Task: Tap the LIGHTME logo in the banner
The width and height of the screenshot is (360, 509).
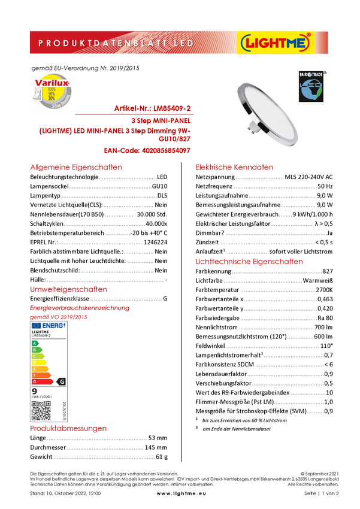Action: click(275, 43)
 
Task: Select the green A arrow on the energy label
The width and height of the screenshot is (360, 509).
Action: click(35, 343)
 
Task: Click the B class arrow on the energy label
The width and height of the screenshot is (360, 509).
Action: click(36, 350)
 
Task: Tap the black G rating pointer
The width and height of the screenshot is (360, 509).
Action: click(61, 381)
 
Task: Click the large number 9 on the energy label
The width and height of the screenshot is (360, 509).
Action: click(34, 390)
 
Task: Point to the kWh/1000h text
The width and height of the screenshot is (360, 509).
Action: click(42, 397)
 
